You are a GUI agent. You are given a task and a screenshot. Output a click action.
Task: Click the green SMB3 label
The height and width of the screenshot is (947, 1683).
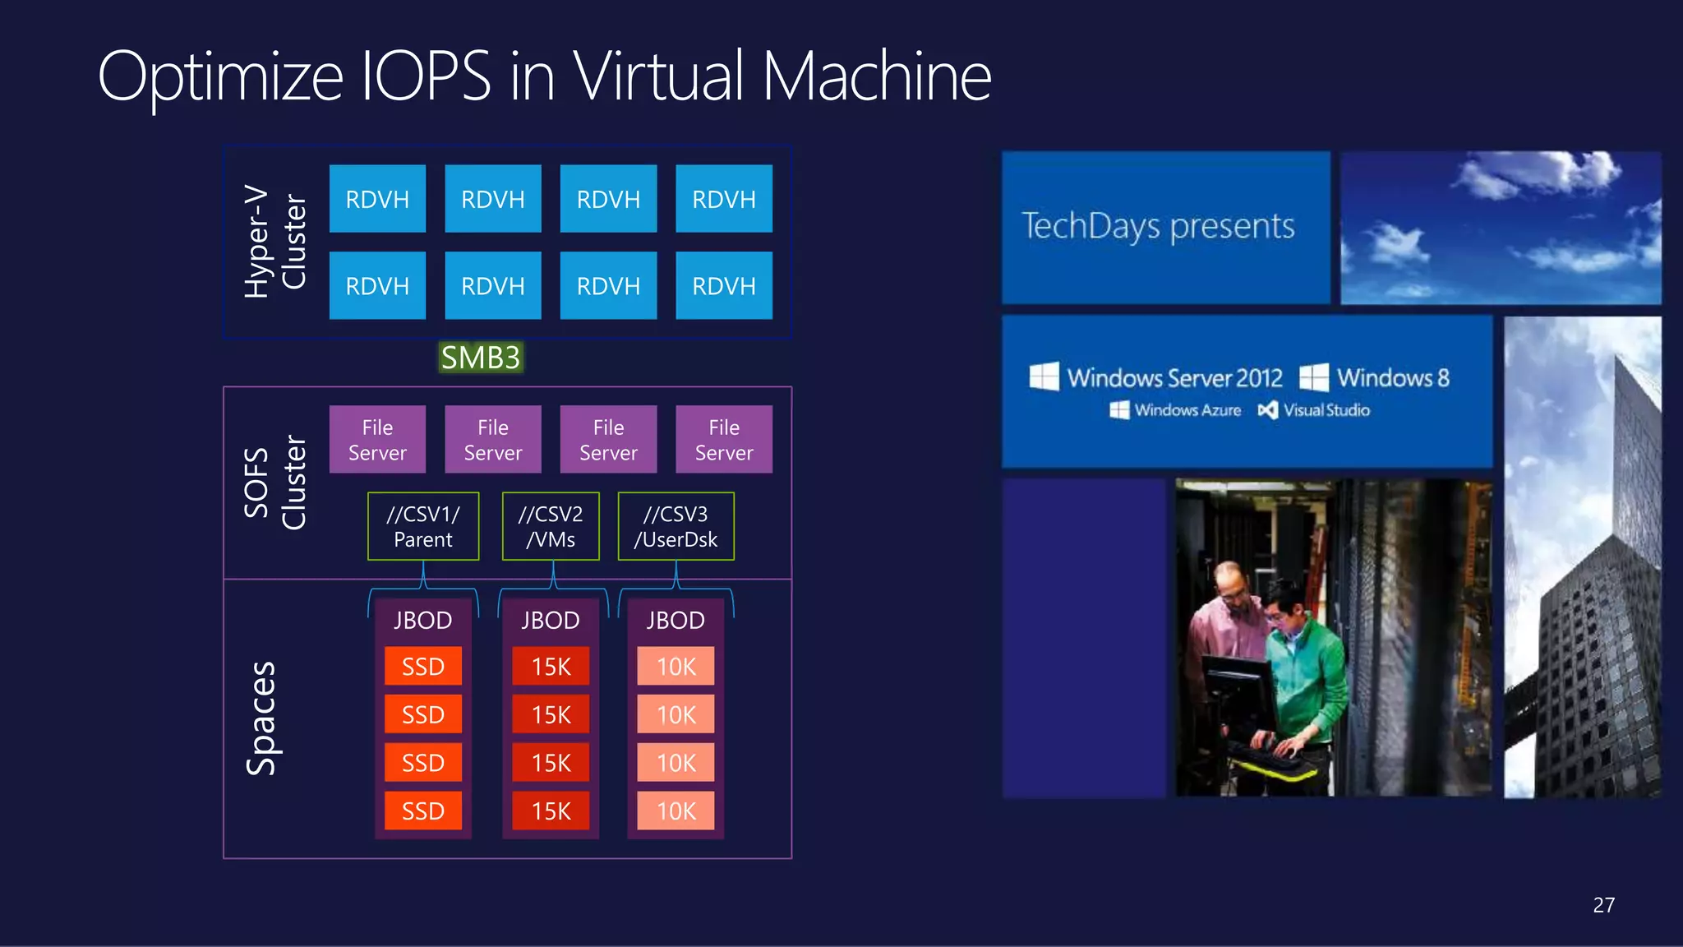tap(481, 358)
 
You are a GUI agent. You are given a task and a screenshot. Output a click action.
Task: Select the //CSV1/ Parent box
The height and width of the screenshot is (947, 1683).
tap(423, 526)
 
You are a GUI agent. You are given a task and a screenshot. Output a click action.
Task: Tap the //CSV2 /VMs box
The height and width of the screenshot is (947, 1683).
tap(551, 526)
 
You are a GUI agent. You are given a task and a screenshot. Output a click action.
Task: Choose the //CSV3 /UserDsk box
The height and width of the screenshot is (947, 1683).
tap(676, 526)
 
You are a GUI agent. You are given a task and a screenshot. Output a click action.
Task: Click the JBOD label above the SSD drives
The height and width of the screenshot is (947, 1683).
tap(423, 620)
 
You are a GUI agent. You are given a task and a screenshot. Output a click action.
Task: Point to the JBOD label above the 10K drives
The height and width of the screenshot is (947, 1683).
tap(676, 620)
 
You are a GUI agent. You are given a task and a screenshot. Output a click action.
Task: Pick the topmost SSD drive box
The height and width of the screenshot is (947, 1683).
tap(423, 666)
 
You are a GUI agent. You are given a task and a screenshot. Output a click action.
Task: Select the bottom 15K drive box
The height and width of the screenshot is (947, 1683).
tap(551, 811)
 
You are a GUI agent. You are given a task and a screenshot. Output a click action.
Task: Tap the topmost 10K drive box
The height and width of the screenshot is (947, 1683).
tap(676, 666)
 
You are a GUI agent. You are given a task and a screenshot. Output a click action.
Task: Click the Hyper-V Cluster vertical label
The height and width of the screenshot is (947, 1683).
tap(275, 242)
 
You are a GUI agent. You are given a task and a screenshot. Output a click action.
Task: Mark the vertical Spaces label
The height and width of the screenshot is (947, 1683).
tap(262, 718)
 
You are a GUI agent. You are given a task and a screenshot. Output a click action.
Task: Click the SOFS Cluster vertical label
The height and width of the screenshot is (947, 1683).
tap(275, 483)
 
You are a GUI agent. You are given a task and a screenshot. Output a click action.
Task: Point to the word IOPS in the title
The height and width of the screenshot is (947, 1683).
tap(426, 76)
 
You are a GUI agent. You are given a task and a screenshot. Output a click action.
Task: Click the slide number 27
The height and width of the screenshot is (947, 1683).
tap(1603, 905)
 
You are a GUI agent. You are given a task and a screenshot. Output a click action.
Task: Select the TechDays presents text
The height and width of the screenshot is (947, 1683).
tap(1158, 226)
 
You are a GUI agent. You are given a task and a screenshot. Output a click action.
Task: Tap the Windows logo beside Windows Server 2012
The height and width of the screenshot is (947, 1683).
tap(1044, 377)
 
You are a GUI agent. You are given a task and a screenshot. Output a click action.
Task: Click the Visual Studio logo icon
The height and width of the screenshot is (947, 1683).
tap(1267, 409)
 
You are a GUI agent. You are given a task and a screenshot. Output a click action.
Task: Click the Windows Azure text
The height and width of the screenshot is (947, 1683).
tap(1187, 409)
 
